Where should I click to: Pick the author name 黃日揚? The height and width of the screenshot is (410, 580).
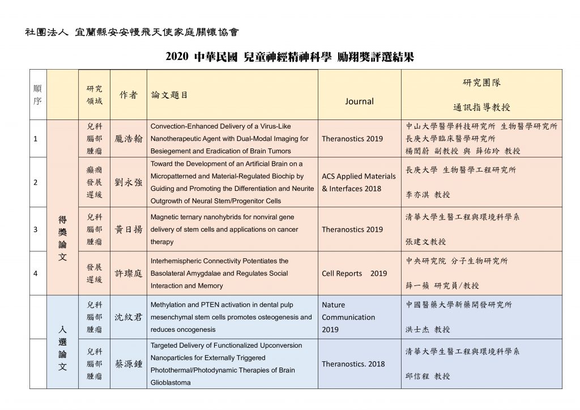point(129,229)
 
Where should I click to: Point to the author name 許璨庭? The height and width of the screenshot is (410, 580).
point(129,274)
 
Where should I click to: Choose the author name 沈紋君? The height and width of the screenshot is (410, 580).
point(129,317)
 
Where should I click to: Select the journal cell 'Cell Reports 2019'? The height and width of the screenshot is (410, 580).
point(354,274)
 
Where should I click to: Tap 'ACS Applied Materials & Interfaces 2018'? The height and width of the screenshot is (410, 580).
point(358,182)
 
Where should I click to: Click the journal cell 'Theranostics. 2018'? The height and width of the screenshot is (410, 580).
point(353,364)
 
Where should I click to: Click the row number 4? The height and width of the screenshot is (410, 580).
point(36,274)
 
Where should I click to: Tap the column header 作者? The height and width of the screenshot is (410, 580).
point(128,95)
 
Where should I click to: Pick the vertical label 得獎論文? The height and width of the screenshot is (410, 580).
point(62,238)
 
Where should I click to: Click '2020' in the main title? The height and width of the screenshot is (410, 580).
point(177,57)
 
